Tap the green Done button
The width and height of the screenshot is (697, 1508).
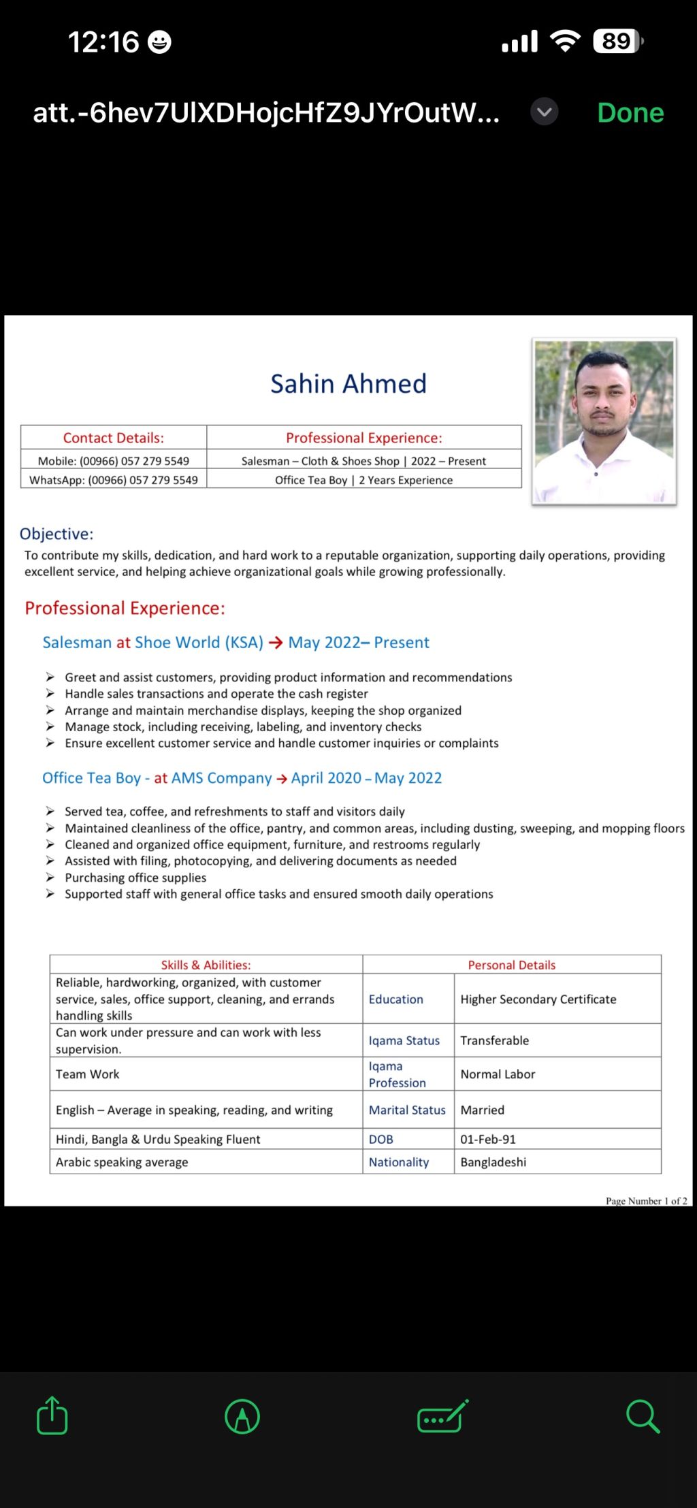tap(630, 112)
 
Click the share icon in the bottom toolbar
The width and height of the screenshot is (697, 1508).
tap(52, 1416)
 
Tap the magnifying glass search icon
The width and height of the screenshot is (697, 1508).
tap(643, 1416)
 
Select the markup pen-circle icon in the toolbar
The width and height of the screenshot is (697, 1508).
tap(242, 1416)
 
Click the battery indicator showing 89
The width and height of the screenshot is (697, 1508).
tap(617, 42)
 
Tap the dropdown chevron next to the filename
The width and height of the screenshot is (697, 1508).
tap(545, 112)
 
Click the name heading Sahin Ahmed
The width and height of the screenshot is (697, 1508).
tap(348, 384)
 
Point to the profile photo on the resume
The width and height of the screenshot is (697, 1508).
tap(604, 421)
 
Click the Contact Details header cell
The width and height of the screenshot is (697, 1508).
tap(114, 438)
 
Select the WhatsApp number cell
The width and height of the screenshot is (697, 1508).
tap(114, 480)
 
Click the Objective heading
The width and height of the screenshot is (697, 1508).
tap(56, 534)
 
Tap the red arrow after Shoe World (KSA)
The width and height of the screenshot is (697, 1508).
tap(276, 643)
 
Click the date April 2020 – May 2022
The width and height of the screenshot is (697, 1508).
tap(366, 778)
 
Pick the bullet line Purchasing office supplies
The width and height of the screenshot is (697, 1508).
tap(135, 878)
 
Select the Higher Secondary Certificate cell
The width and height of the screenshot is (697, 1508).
tap(538, 999)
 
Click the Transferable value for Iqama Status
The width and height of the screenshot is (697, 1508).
tap(495, 1040)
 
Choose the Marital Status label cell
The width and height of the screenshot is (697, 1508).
tap(407, 1110)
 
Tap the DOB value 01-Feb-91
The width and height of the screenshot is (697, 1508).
tap(488, 1139)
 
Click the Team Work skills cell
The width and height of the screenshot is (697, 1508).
tap(88, 1074)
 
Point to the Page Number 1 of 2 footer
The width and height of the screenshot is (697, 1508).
tap(646, 1201)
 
